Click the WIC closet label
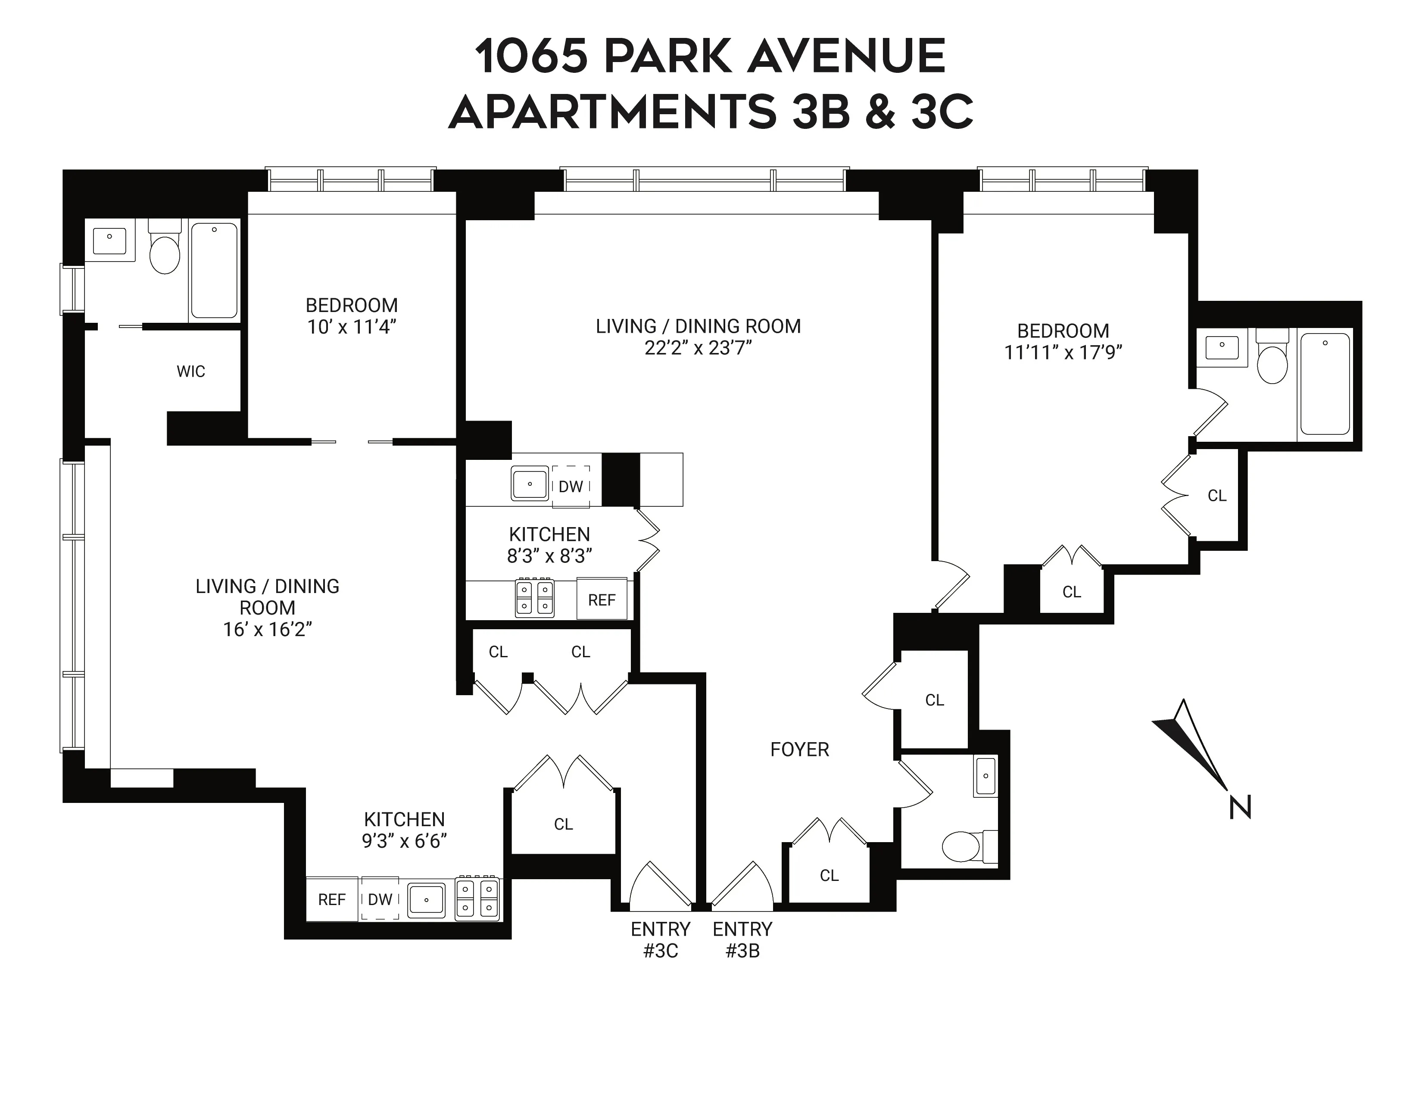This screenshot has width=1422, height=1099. pos(191,372)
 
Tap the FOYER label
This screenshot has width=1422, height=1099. pos(799,750)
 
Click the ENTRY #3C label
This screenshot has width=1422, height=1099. pos(660,940)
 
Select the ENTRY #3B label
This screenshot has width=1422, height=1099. pos(742,940)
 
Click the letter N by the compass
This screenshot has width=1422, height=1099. pos(1240,808)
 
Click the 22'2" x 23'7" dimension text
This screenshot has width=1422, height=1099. pos(698,348)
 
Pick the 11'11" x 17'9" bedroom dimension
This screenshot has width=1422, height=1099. pos(1063,352)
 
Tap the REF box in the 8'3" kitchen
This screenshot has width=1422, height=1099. pos(602,599)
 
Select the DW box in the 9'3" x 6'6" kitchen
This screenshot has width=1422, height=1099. pos(380,900)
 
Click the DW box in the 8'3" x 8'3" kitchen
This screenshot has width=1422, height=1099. pos(571,486)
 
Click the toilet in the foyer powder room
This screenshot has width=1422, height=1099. pos(962,846)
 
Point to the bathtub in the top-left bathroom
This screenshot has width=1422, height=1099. pos(214,271)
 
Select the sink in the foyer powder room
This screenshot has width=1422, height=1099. pos(986,776)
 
